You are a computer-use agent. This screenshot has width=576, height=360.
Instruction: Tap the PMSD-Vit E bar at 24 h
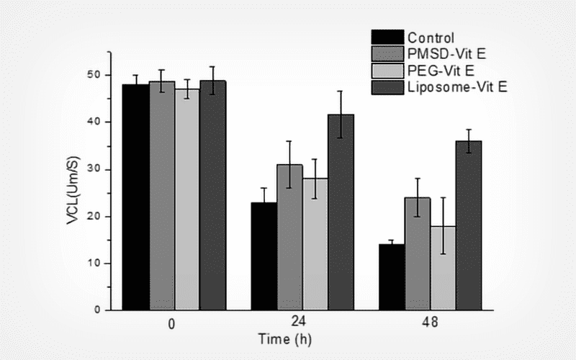(x=289, y=238)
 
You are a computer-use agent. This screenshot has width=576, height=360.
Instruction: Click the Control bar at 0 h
(x=136, y=197)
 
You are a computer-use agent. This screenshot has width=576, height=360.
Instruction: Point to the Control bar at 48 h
(x=392, y=277)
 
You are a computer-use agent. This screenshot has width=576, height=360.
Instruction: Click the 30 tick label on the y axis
(x=96, y=169)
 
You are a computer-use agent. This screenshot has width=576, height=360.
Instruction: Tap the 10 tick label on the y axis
(x=96, y=264)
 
